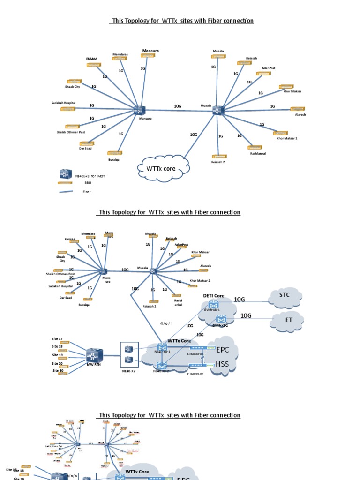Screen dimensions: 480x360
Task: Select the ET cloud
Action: click(288, 321)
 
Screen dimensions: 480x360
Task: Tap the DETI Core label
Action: click(213, 296)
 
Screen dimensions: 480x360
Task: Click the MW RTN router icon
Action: click(94, 355)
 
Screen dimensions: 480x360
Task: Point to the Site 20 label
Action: click(57, 363)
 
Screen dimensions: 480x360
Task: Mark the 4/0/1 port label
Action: click(166, 323)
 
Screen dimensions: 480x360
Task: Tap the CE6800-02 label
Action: click(195, 374)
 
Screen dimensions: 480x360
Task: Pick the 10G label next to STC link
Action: click(240, 300)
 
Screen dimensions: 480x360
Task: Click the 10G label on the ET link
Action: click(246, 315)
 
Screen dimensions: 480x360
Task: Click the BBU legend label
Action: click(88, 183)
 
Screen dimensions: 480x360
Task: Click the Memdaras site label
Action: click(120, 55)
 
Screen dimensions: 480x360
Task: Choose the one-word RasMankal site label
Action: click(258, 153)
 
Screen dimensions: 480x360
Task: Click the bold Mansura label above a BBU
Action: click(150, 50)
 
